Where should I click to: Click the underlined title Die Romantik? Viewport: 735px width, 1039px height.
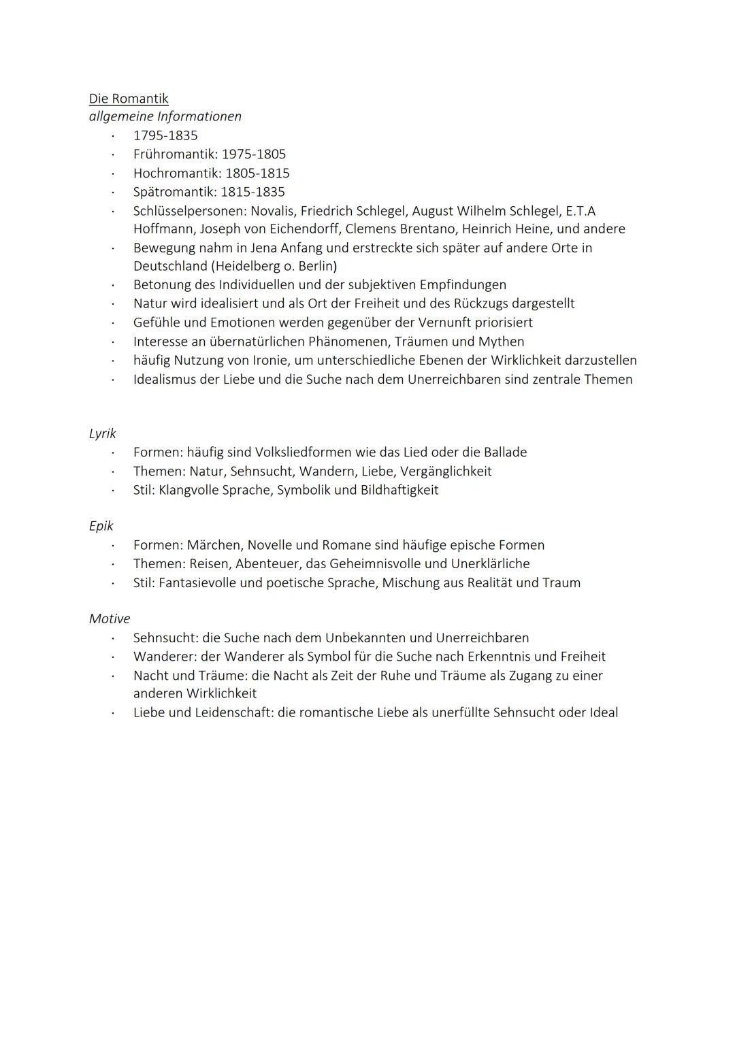(129, 99)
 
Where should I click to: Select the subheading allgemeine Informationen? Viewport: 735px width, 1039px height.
(165, 116)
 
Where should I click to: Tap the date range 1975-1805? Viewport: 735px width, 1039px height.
(254, 154)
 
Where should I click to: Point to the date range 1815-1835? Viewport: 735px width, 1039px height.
(252, 192)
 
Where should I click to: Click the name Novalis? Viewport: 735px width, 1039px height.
(272, 211)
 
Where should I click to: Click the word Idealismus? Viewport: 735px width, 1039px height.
(165, 379)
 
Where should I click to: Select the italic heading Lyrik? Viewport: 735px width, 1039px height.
(103, 433)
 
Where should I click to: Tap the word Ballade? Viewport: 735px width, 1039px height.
(505, 452)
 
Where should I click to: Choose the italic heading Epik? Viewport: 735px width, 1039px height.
(101, 526)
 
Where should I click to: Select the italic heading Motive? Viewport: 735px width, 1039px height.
(110, 619)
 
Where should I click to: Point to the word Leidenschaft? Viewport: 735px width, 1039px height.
(234, 713)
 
